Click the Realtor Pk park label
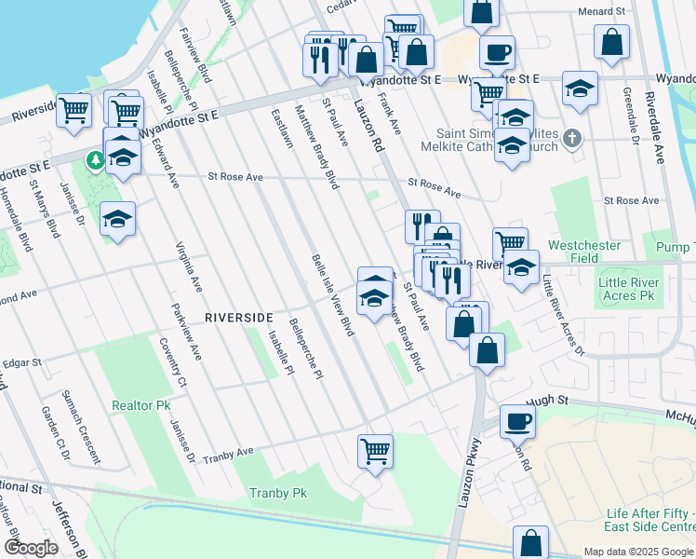tap(141, 406)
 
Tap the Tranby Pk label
tap(277, 493)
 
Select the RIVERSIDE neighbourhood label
tap(239, 317)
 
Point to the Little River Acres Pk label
tap(628, 289)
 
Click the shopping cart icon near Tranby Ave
tap(375, 451)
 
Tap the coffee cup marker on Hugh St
tap(517, 421)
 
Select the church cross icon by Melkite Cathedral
tap(571, 139)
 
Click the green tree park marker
tap(95, 161)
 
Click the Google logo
tap(31, 548)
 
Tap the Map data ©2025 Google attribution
tap(637, 552)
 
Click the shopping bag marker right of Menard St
tap(610, 42)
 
